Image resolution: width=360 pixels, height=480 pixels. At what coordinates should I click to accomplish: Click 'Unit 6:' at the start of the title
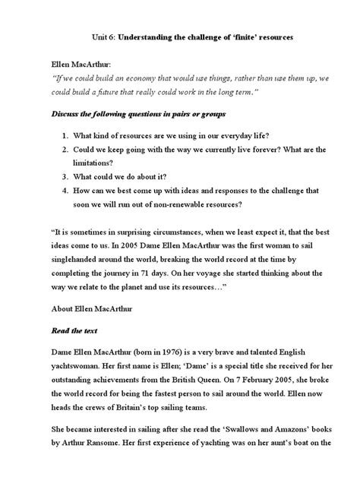pyautogui.click(x=109, y=36)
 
